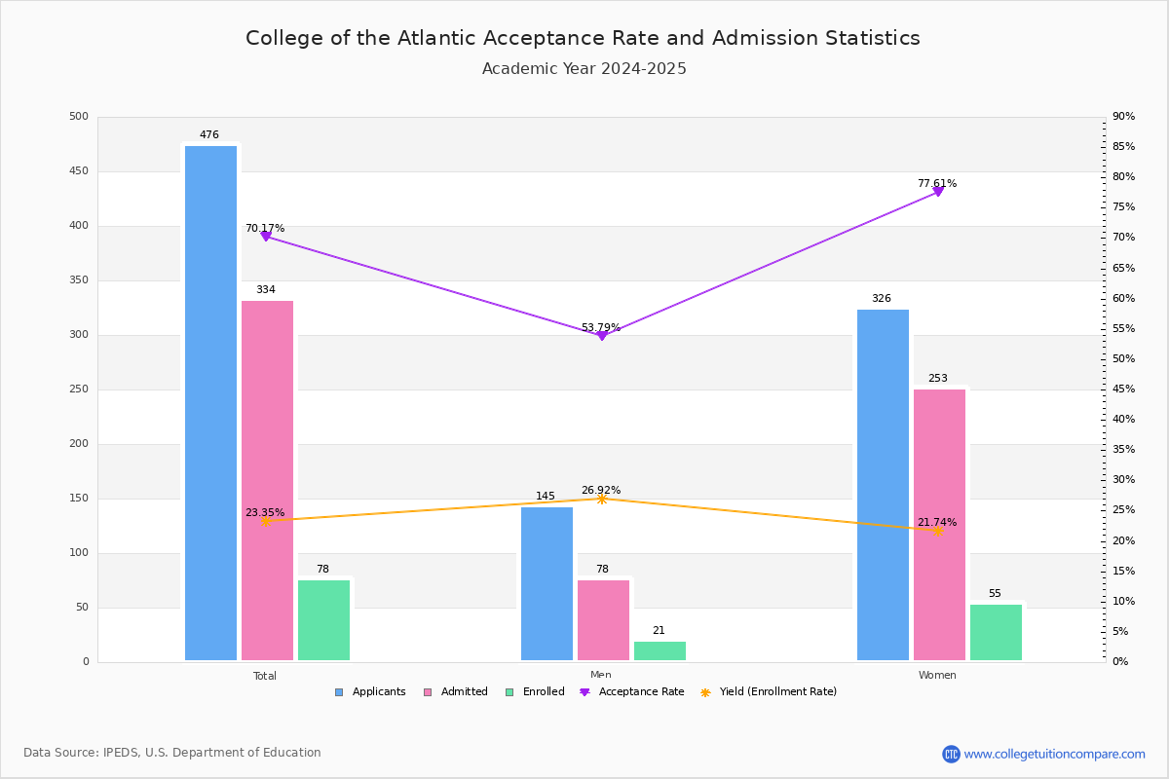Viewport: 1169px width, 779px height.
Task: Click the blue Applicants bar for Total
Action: (210, 403)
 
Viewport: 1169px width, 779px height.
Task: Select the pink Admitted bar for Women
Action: (939, 525)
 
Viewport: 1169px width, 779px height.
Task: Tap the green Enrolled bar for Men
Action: (660, 650)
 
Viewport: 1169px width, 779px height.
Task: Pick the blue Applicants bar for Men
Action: (547, 583)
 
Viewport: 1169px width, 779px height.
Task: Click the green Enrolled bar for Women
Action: (996, 632)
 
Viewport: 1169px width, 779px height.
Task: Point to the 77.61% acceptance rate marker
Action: (938, 192)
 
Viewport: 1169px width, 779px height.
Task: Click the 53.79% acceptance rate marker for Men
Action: (602, 336)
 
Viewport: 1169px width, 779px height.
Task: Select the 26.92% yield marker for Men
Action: (602, 499)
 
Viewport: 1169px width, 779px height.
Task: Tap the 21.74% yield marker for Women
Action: (938, 531)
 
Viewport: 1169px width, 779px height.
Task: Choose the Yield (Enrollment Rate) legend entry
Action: (777, 692)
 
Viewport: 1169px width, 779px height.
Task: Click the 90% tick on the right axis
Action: (1123, 117)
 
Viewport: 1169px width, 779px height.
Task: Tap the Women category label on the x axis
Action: (937, 676)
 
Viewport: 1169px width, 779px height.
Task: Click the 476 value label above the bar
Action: (209, 135)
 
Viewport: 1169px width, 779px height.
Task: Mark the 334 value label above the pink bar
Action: (266, 290)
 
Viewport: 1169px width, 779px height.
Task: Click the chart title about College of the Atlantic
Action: (583, 38)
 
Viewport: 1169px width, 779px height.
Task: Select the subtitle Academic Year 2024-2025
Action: (584, 69)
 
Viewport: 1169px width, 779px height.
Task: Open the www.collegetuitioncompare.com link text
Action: (1054, 754)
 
